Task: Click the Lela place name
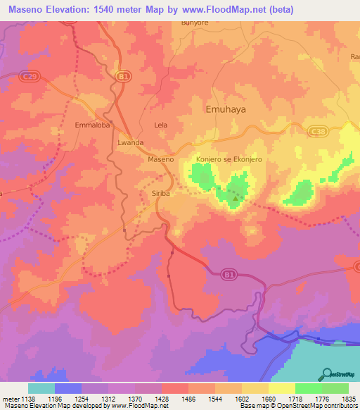[x=161, y=125]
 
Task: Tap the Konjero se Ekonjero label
[x=229, y=160]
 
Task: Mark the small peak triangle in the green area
[x=235, y=198]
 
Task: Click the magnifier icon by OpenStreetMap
[x=327, y=373]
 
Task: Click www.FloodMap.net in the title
[x=224, y=10]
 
